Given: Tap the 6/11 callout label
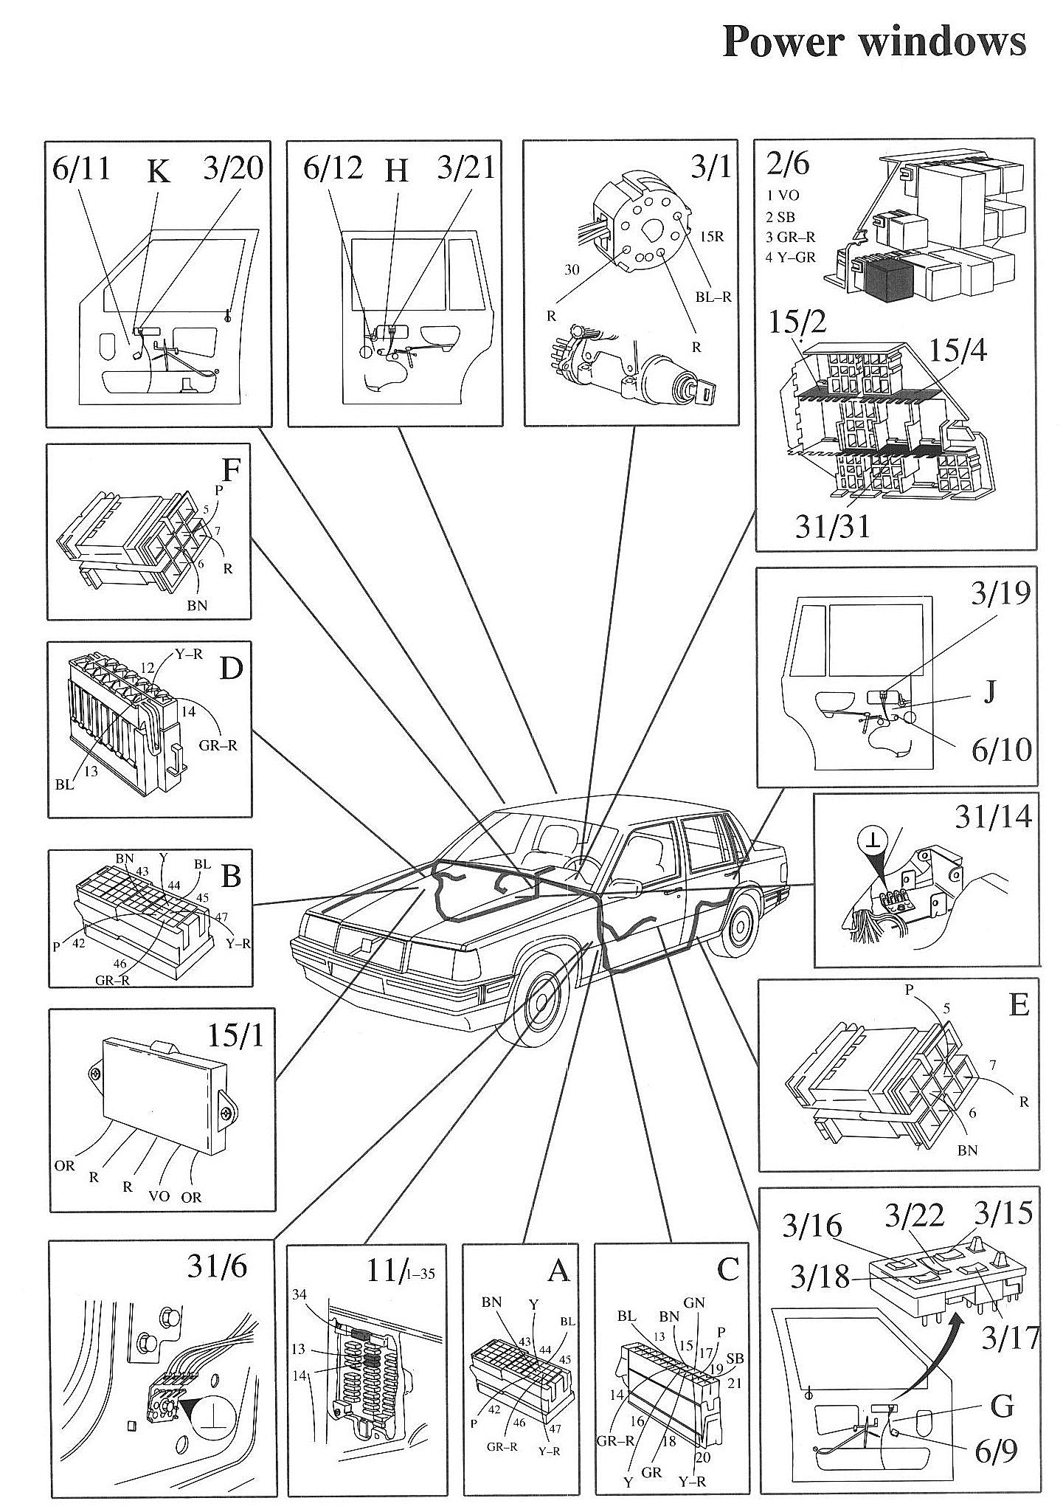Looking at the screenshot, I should pos(82,169).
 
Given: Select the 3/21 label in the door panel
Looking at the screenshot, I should pos(465,168).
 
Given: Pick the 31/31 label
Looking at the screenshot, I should pos(833,526).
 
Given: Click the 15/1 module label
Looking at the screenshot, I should pos(234,1038).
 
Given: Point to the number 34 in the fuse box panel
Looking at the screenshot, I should pos(299,1294).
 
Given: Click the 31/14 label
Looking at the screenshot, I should pos(993,816).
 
